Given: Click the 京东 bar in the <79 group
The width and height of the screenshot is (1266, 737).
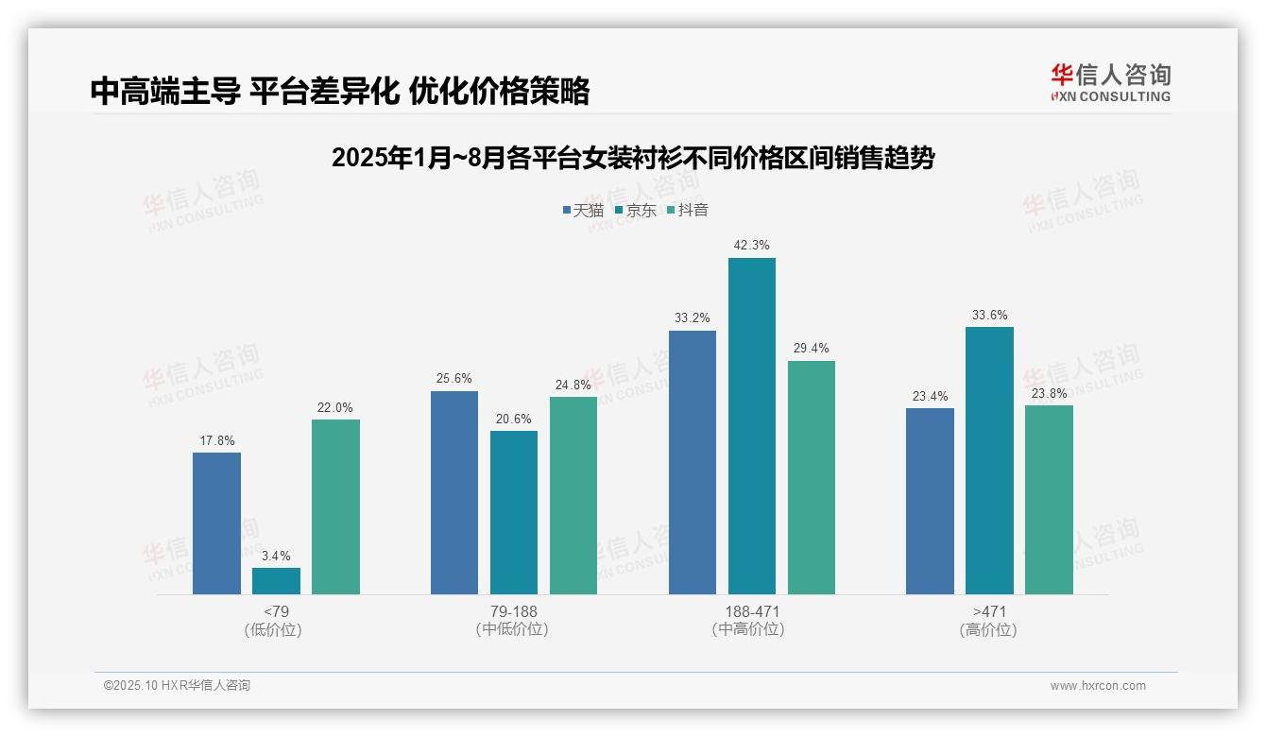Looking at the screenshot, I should click(x=276, y=581).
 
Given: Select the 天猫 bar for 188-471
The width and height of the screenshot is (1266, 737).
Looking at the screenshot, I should click(x=693, y=462).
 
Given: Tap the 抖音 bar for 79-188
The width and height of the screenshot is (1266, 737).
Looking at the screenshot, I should click(x=573, y=495).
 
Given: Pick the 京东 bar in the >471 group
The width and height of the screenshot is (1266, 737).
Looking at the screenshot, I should click(x=989, y=460).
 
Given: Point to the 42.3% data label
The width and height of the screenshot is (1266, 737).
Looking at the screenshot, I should click(x=752, y=246).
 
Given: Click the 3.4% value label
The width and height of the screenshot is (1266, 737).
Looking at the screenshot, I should click(x=276, y=556).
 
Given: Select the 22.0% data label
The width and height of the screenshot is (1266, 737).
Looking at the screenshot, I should click(x=335, y=407).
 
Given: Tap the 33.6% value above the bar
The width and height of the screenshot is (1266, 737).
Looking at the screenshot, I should click(x=989, y=316).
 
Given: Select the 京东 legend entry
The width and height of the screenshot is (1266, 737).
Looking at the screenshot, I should click(x=635, y=210).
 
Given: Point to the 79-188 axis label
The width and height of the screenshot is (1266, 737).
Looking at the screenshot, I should click(x=513, y=611).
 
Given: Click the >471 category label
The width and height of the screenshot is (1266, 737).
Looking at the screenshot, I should click(x=989, y=611).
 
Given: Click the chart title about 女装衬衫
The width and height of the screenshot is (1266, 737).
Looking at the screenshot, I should click(x=632, y=158).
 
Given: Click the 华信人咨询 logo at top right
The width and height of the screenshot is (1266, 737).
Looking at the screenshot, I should click(x=1110, y=82).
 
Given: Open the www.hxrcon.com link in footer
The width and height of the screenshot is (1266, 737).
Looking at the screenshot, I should click(x=1098, y=686).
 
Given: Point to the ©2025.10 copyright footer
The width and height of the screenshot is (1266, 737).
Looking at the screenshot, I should click(x=177, y=686).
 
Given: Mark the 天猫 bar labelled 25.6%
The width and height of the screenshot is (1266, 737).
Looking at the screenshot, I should click(x=454, y=492).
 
